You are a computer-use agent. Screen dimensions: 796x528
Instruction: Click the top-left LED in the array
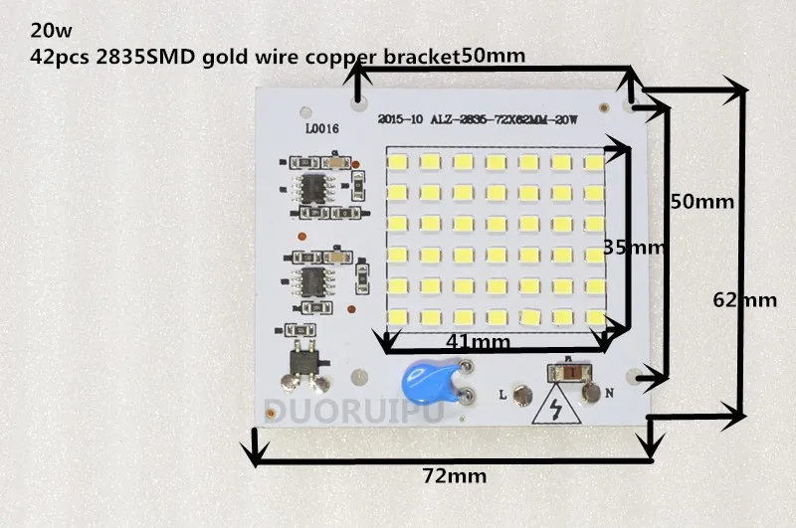click(x=400, y=161)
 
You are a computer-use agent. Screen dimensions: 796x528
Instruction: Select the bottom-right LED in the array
click(x=595, y=317)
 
